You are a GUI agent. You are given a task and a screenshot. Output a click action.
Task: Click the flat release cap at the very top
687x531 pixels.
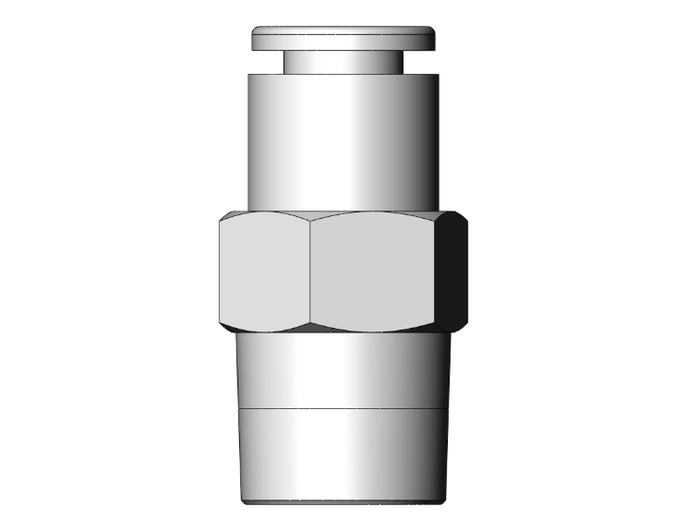(343, 38)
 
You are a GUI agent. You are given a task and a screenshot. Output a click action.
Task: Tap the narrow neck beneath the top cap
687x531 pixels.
(343, 61)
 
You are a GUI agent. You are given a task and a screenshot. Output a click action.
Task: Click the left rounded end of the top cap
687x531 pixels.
(256, 39)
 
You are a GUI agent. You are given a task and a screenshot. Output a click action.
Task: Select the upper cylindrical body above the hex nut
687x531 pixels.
(332, 139)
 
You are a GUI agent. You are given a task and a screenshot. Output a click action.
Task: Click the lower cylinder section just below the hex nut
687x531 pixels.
(332, 369)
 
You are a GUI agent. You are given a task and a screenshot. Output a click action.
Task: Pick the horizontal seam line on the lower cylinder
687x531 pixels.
(332, 408)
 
